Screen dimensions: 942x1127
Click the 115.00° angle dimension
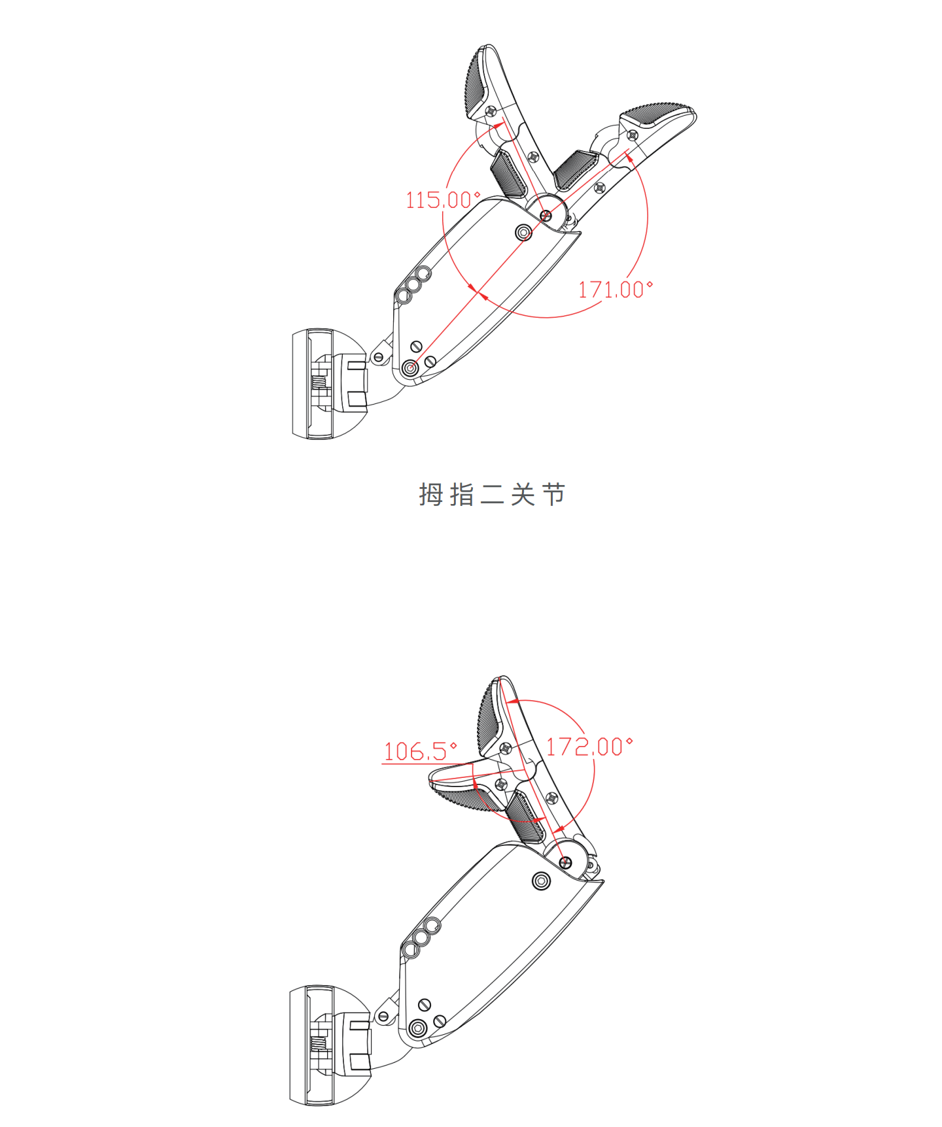click(443, 199)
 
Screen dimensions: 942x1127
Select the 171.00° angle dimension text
click(616, 289)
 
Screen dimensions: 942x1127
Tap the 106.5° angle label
click(420, 751)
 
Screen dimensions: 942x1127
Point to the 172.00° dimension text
click(589, 747)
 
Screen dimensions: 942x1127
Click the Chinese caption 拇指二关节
click(492, 495)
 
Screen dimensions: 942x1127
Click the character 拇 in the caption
click(430, 495)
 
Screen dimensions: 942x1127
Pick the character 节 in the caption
click(554, 495)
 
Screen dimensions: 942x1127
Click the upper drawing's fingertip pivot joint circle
click(546, 215)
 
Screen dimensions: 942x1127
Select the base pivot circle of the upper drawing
click(411, 369)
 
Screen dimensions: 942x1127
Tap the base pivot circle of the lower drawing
click(417, 1029)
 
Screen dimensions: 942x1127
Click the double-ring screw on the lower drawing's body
click(541, 881)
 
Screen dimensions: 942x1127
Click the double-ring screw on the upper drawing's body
click(523, 232)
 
